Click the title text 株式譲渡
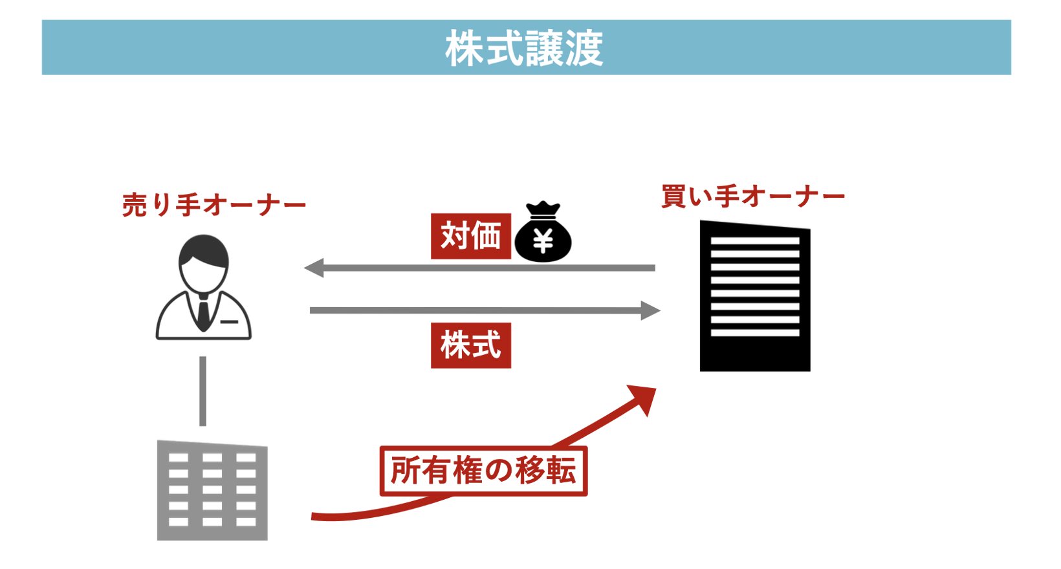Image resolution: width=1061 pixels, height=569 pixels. pos(524,48)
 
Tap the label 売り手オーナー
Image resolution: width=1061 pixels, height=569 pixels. pos(214,205)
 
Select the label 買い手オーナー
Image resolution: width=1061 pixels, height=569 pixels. pos(753,197)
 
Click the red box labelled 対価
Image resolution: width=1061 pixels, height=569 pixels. pos(471,236)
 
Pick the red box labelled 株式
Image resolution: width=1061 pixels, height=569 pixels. pos(471,345)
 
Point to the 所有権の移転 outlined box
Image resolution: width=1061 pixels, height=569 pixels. pos(484,471)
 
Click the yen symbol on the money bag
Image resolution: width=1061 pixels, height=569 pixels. pos(543,241)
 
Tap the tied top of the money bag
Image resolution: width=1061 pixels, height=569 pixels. pos(543,209)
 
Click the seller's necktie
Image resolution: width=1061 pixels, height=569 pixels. pos(204,314)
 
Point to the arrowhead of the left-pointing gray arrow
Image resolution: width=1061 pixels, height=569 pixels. pos(314,268)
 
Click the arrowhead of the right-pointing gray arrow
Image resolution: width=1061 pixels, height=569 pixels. pos(650,310)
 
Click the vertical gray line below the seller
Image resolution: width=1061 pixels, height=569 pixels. pos(202,391)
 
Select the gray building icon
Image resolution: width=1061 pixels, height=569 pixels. pos(212,490)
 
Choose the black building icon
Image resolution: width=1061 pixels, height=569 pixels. pos(755,296)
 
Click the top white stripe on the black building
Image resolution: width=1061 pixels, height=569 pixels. pos(755,241)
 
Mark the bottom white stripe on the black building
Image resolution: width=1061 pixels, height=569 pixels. pos(755,333)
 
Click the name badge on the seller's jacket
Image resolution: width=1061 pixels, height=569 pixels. pos(229,322)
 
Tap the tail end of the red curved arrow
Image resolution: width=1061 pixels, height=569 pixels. pos(312,517)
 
